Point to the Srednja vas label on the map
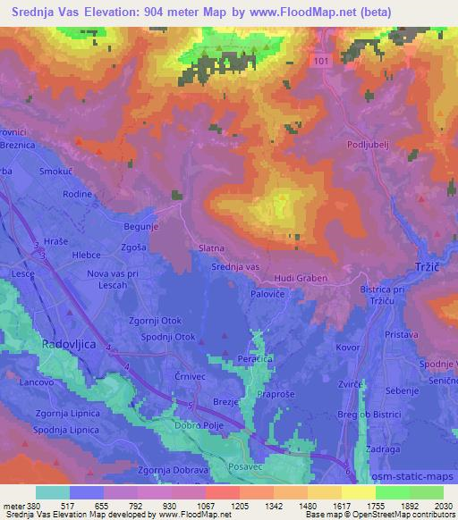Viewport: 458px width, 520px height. (234, 266)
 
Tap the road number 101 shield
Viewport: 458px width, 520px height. (323, 60)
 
